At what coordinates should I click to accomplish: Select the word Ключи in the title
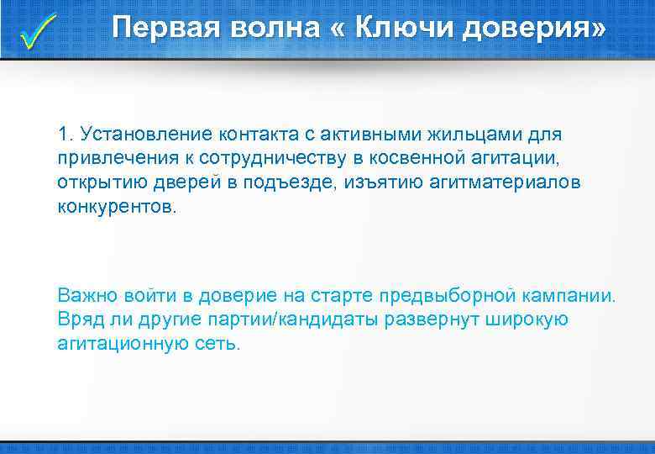tap(403, 28)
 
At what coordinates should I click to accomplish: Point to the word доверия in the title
tap(532, 29)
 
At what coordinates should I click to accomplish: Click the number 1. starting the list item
tap(66, 134)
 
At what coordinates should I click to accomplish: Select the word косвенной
tap(416, 158)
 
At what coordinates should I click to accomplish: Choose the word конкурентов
tap(117, 207)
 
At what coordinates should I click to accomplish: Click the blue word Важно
tap(87, 296)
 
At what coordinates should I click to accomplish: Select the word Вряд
tap(79, 320)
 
